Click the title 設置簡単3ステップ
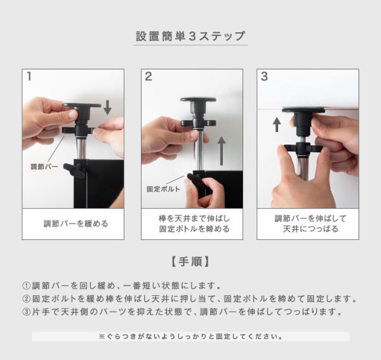pos(190,36)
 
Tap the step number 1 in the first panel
pos(29,77)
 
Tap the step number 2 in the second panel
pos(148,77)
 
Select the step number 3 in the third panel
pos(264,77)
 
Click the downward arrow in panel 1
pos(107,107)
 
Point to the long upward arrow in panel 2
pos(222,151)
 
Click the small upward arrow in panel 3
pos(276,124)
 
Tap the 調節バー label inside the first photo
pos(44,166)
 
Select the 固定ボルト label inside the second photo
pos(163,189)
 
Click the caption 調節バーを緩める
pos(76,223)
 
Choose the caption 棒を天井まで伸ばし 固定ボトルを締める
pos(194,223)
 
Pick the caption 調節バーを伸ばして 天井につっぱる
pos(311,223)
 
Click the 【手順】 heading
pos(190,262)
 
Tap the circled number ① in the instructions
pos(26,286)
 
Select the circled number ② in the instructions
pos(26,298)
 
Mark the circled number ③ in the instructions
pos(26,312)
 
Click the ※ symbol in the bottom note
pos(102,337)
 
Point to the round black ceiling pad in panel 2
pos(198,100)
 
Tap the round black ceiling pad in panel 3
pos(304,110)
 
